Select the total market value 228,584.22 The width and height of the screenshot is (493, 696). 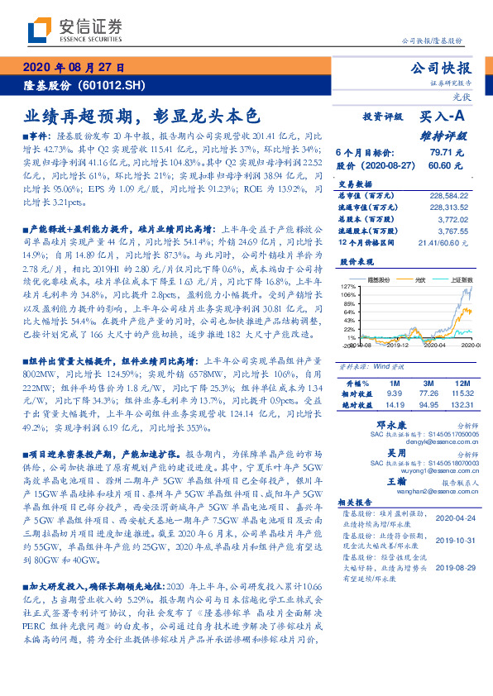tap(451, 196)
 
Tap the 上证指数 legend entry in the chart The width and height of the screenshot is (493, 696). tap(459, 280)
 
